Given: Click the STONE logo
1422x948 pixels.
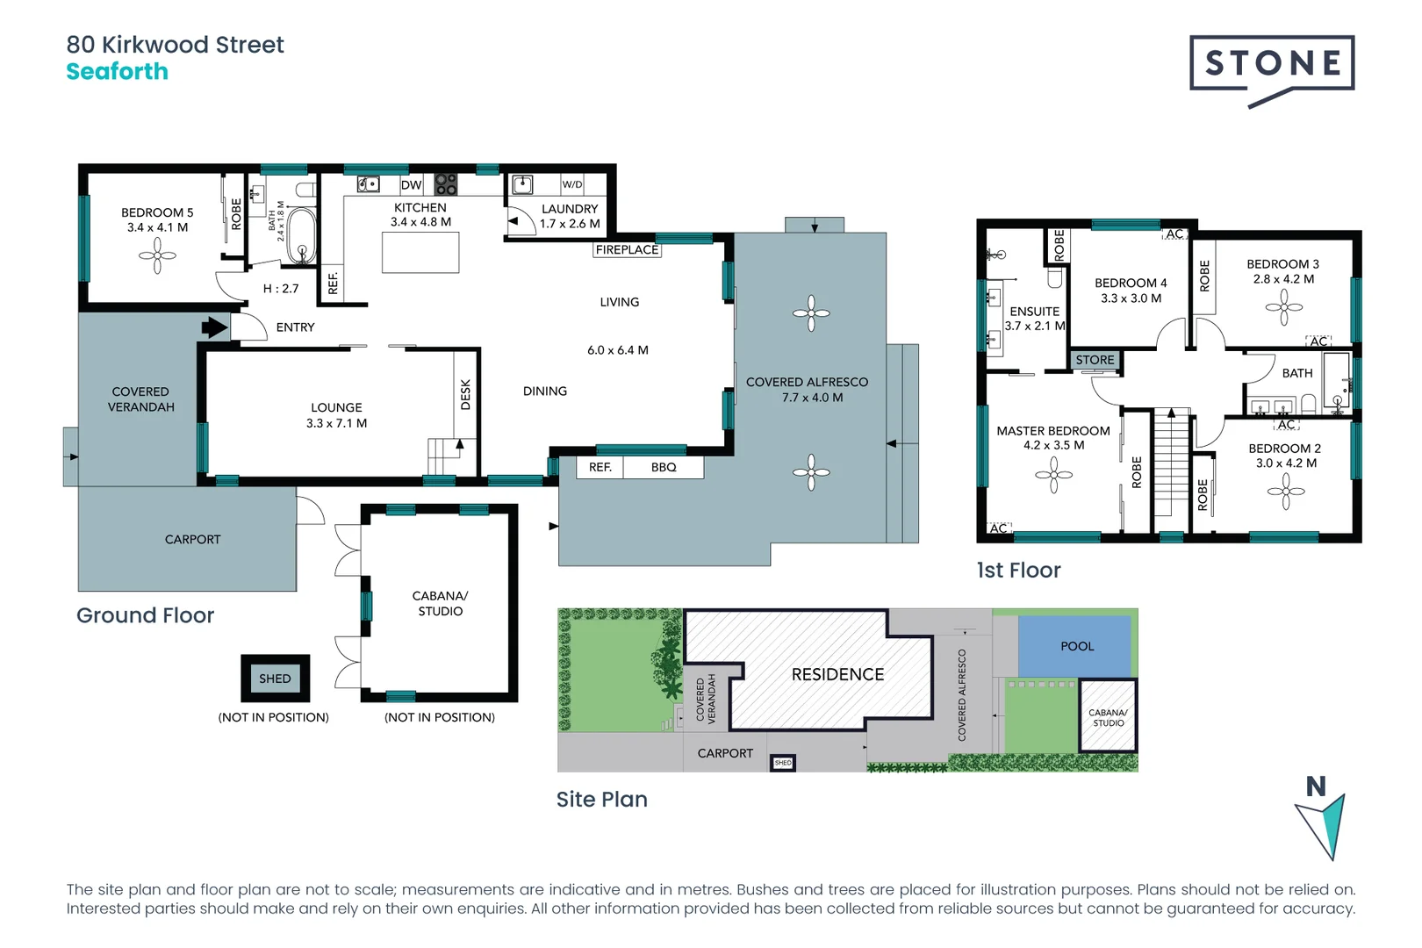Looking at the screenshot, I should (x=1272, y=64).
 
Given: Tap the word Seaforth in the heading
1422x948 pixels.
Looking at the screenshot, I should (x=117, y=72).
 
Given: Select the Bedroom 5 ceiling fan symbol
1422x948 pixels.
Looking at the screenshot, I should (x=157, y=256).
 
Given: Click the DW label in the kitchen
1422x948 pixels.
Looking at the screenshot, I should (x=411, y=185).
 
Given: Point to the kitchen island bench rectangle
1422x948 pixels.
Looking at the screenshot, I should (x=420, y=254).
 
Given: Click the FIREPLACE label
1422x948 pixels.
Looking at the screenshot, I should (x=627, y=250).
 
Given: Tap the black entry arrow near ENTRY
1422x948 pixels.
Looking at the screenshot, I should (x=213, y=327).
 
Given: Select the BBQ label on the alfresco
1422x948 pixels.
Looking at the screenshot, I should (x=664, y=467).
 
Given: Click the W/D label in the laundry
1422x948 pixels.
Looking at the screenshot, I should (x=572, y=184).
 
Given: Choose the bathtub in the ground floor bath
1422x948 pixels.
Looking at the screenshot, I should (x=301, y=234).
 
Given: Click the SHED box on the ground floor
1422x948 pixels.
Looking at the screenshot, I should (x=275, y=679).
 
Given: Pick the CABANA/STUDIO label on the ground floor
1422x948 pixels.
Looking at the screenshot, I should (x=440, y=603).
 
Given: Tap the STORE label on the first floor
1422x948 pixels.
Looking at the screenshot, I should (x=1095, y=360).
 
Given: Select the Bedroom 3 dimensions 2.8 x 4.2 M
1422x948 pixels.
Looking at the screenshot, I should (x=1283, y=279).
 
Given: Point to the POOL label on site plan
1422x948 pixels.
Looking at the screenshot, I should (x=1077, y=646).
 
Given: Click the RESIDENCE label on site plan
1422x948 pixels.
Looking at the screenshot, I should (x=837, y=674).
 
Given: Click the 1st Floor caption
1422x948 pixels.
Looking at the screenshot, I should (x=1018, y=571).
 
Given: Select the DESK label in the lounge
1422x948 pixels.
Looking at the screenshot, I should (x=465, y=394).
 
